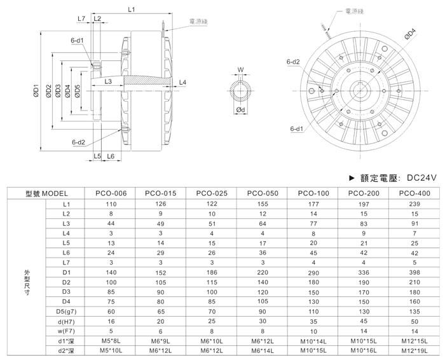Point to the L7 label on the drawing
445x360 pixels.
[x=81, y=18]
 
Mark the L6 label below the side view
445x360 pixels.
[x=110, y=156]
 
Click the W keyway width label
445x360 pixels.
[x=240, y=70]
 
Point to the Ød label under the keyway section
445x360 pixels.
[x=240, y=110]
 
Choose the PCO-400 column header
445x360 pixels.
[x=414, y=193]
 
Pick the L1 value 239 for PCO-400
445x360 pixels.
[x=414, y=204]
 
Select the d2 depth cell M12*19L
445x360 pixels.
[x=414, y=352]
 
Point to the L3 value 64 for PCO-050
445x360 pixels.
[x=262, y=225]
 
